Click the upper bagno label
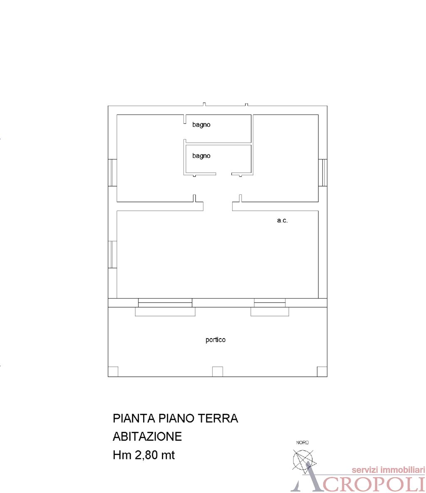pyautogui.click(x=201, y=124)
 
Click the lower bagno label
pyautogui.click(x=201, y=156)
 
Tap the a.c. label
pyautogui.click(x=282, y=221)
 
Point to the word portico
pyautogui.click(x=215, y=340)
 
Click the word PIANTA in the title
pyautogui.click(x=132, y=418)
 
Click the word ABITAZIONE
pyautogui.click(x=147, y=436)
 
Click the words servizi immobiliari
pyautogui.click(x=388, y=470)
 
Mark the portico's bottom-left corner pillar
pyautogui.click(x=113, y=371)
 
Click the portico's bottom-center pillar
pyautogui.click(x=218, y=371)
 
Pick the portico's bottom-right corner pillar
pyautogui.click(x=322, y=371)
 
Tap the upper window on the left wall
pyautogui.click(x=112, y=172)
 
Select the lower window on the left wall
pyautogui.click(x=112, y=254)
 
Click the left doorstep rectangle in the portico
pyautogui.click(x=165, y=312)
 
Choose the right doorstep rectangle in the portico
pyautogui.click(x=270, y=312)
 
